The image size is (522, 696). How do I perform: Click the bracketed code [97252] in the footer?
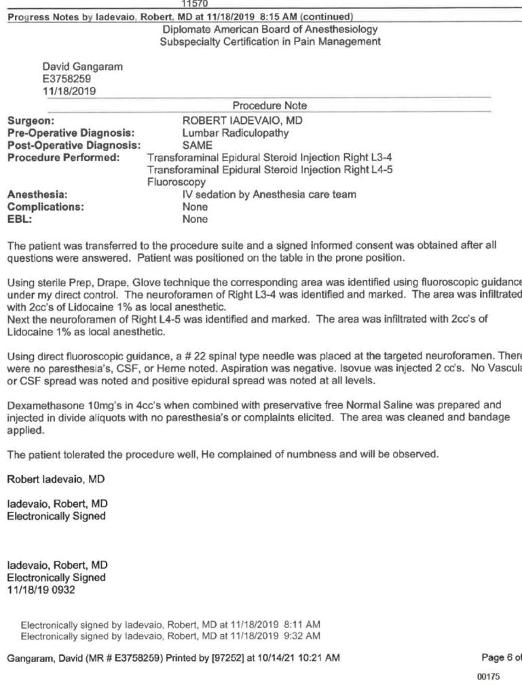(203, 658)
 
